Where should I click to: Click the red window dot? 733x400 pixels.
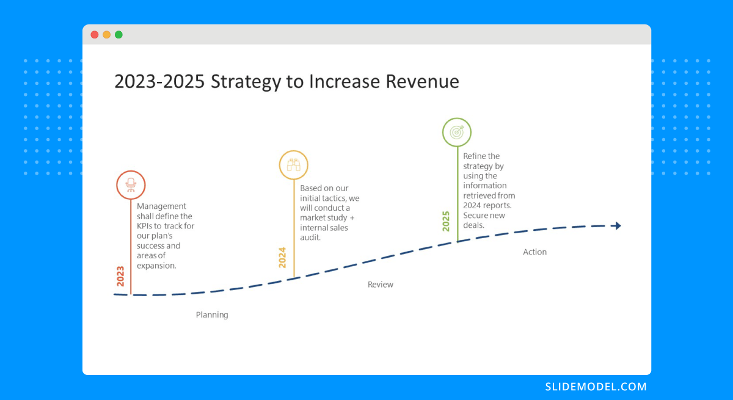tap(95, 35)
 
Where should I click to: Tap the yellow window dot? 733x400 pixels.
tap(107, 35)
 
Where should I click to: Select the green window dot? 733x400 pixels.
tap(119, 35)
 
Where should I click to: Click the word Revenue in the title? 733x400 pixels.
tap(422, 81)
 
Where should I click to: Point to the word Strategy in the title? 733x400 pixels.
tap(246, 82)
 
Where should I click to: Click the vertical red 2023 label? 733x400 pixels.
tap(120, 277)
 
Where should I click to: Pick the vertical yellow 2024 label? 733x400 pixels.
tap(282, 257)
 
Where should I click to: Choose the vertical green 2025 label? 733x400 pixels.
tap(446, 221)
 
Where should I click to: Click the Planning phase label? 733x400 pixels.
tap(212, 315)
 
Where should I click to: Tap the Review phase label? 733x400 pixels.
tap(380, 285)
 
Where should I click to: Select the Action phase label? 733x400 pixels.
tap(534, 252)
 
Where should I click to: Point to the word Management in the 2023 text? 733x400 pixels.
tap(161, 206)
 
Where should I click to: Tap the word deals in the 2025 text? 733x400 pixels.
tap(473, 225)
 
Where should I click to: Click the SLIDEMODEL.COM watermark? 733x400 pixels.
tap(596, 387)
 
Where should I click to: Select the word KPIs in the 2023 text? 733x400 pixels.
tap(144, 226)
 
